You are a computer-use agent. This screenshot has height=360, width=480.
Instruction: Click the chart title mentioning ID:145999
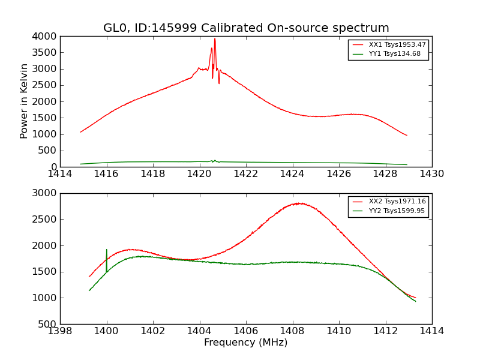(x=246, y=28)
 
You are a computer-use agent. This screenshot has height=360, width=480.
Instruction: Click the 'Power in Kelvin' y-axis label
(x=25, y=101)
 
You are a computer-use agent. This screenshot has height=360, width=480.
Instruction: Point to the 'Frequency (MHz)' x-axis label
(x=245, y=343)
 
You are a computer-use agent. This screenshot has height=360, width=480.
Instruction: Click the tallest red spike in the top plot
(x=215, y=39)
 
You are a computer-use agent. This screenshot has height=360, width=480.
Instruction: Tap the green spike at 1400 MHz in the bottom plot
(x=107, y=251)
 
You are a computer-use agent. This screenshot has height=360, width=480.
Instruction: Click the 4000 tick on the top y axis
(x=44, y=36)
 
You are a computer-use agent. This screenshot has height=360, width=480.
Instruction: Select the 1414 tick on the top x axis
(x=60, y=174)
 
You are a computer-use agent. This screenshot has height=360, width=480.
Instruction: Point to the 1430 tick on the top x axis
(x=431, y=174)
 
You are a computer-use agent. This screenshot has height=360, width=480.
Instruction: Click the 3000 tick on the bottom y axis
(x=44, y=193)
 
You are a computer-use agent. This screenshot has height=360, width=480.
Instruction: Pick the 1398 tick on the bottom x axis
(x=60, y=331)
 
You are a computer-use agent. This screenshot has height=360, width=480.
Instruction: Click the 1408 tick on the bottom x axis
(x=292, y=331)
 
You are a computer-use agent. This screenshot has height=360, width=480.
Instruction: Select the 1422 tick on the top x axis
(x=246, y=174)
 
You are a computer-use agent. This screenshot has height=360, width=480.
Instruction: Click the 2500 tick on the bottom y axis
(x=44, y=220)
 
